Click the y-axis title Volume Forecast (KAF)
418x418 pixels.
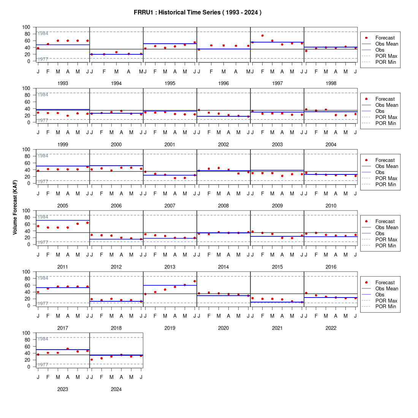click(x=15, y=207)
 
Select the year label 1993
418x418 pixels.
click(x=63, y=84)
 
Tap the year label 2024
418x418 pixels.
click(x=116, y=389)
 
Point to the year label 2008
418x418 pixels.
click(x=223, y=206)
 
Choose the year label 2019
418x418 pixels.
click(x=170, y=328)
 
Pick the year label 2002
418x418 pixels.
click(x=223, y=144)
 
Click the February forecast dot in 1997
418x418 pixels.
click(x=263, y=36)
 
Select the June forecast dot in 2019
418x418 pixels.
click(x=195, y=281)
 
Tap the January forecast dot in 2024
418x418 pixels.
click(x=92, y=359)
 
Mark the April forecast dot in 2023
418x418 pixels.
click(x=68, y=349)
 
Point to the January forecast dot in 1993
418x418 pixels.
click(x=38, y=48)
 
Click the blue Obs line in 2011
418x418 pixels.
click(x=63, y=220)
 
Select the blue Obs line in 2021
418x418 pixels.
click(x=277, y=302)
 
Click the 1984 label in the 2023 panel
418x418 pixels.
click(x=43, y=339)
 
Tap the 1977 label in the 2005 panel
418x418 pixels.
click(x=43, y=182)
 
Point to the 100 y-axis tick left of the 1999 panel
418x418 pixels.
click(x=26, y=88)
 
